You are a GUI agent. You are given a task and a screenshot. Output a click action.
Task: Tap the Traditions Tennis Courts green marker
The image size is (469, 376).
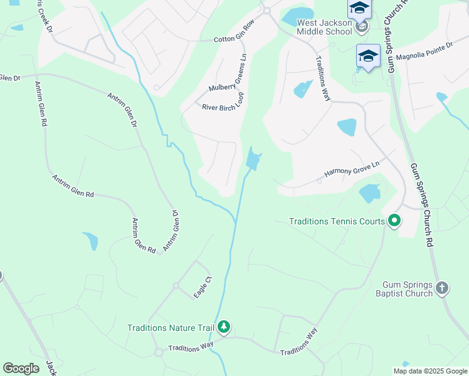(394, 221)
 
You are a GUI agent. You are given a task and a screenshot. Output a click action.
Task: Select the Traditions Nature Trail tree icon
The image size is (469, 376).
(224, 327)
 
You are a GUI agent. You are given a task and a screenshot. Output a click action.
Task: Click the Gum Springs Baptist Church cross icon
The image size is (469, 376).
(442, 288)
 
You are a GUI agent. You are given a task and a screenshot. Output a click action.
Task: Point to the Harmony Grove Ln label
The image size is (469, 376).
(352, 168)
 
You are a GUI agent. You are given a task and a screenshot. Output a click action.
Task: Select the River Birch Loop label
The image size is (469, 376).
(223, 103)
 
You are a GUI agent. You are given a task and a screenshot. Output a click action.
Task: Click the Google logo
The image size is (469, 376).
(21, 368)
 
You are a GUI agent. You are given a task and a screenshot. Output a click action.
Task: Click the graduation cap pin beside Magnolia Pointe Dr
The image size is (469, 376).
(368, 55)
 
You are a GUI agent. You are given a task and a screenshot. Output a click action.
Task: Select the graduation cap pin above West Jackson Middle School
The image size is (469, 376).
(360, 8)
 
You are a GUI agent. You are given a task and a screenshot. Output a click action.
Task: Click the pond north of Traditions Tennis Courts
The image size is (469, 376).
(369, 193)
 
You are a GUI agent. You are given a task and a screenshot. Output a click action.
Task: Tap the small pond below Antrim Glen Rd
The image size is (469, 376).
(91, 241)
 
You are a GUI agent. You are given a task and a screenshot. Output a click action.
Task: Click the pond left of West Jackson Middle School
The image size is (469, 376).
(298, 16)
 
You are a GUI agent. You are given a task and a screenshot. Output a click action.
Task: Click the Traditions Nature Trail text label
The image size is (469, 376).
(171, 328)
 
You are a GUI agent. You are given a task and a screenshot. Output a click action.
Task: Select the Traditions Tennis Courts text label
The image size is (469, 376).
(337, 221)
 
